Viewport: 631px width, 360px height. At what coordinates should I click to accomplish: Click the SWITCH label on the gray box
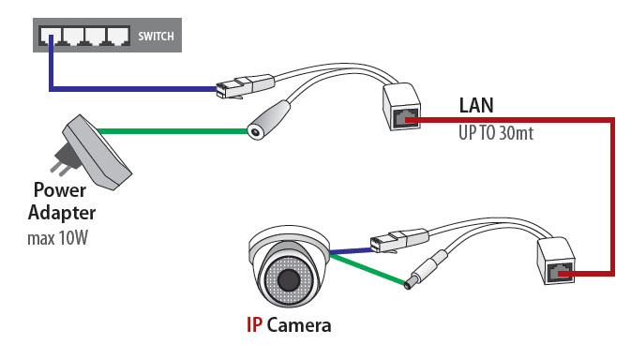pyautogui.click(x=156, y=37)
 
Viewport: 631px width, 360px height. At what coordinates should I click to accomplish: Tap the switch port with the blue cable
pyautogui.click(x=50, y=36)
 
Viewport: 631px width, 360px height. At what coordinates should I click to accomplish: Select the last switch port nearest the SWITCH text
pyautogui.click(x=118, y=36)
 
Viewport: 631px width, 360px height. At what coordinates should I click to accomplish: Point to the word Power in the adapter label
pyautogui.click(x=60, y=190)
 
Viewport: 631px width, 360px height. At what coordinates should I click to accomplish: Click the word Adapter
pyautogui.click(x=62, y=213)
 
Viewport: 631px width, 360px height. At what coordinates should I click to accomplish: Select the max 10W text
pyautogui.click(x=57, y=238)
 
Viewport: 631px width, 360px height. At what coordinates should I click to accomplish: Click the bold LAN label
pyautogui.click(x=476, y=105)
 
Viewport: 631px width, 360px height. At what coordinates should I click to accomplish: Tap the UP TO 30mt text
pyautogui.click(x=496, y=133)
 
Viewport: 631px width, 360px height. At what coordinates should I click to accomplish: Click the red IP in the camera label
pyautogui.click(x=254, y=325)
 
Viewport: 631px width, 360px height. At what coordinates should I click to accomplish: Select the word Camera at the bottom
pyautogui.click(x=299, y=325)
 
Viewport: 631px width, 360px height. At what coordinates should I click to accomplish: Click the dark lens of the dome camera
pyautogui.click(x=288, y=278)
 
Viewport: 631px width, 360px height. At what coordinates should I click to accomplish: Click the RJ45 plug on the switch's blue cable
pyautogui.click(x=245, y=86)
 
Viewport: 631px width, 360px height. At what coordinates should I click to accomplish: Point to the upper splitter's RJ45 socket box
pyautogui.click(x=401, y=107)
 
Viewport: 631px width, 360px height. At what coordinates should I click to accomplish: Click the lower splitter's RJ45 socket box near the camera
pyautogui.click(x=556, y=261)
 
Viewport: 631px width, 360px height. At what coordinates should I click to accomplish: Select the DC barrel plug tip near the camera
pyautogui.click(x=410, y=283)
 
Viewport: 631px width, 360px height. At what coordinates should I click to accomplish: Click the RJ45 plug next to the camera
pyautogui.click(x=398, y=241)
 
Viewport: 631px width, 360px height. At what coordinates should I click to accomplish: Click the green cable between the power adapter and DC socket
pyautogui.click(x=173, y=131)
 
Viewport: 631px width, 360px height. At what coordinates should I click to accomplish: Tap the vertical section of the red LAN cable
pyautogui.click(x=612, y=197)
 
